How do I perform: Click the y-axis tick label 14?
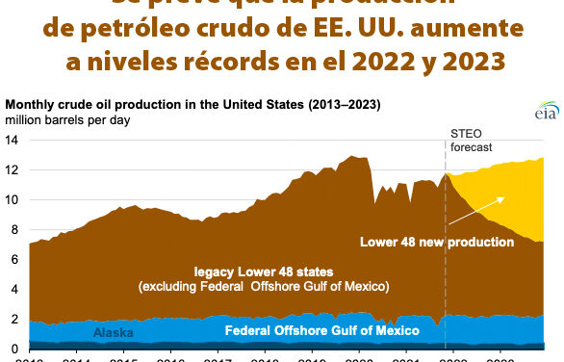[13, 141]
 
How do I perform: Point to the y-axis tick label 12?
[13, 170]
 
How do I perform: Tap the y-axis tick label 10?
[13, 200]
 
